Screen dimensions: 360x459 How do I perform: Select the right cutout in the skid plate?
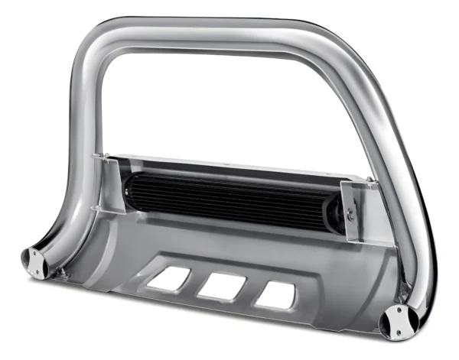tap(274, 296)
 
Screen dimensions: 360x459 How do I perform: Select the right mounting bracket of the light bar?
tap(352, 206)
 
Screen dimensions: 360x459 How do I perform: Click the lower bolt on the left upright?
tap(93, 209)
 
